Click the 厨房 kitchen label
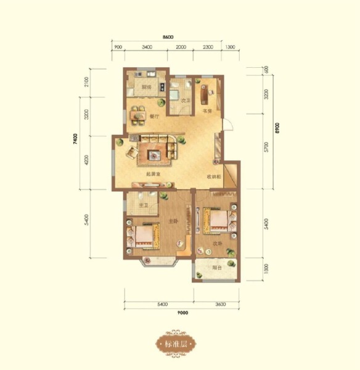pyautogui.click(x=145, y=88)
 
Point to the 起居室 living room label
pyautogui.click(x=153, y=175)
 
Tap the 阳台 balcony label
pyautogui.click(x=216, y=269)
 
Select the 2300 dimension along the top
pyautogui.click(x=208, y=47)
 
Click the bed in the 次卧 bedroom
pyautogui.click(x=218, y=221)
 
